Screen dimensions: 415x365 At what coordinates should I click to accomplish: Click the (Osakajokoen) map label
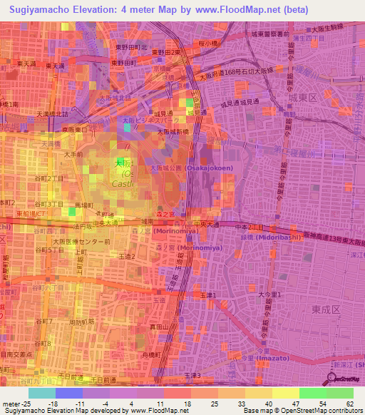coord(208,168)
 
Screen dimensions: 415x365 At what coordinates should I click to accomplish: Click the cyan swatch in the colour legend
coord(41,393)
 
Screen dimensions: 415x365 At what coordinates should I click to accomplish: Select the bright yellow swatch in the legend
coord(285,393)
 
